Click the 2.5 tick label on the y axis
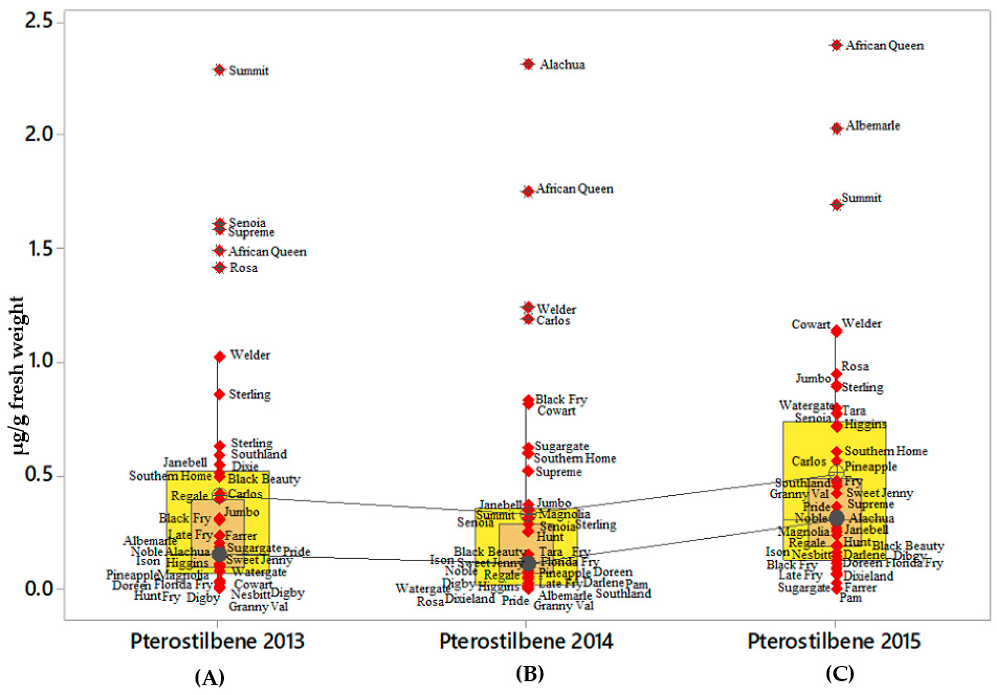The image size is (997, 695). coord(38,21)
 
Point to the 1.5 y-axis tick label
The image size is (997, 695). coord(38,248)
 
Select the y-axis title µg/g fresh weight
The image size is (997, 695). coord(18,376)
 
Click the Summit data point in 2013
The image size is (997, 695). coord(220,70)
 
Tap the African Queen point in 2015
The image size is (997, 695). coord(836,45)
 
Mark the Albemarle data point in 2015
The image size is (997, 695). coord(836,129)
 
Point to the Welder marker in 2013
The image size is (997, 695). coord(220,357)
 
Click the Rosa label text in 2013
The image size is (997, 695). coord(243,268)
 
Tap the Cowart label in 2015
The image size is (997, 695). coord(811,324)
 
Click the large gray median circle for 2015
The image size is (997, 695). coord(836,518)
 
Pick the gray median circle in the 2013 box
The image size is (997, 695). coord(220,554)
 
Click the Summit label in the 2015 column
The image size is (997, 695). coord(862,198)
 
